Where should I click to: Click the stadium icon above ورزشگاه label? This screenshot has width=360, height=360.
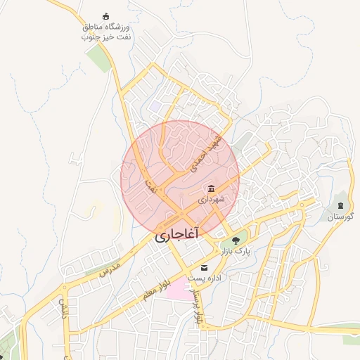coord(106,17)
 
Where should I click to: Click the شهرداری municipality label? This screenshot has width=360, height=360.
coord(211,200)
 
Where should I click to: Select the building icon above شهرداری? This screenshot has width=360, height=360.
coord(211,188)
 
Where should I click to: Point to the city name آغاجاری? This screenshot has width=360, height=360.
coord(177,233)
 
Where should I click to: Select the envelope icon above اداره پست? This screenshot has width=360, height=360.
coord(205,268)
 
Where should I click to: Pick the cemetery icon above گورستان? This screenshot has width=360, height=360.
coord(340,206)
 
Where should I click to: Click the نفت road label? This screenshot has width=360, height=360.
coord(149,186)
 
